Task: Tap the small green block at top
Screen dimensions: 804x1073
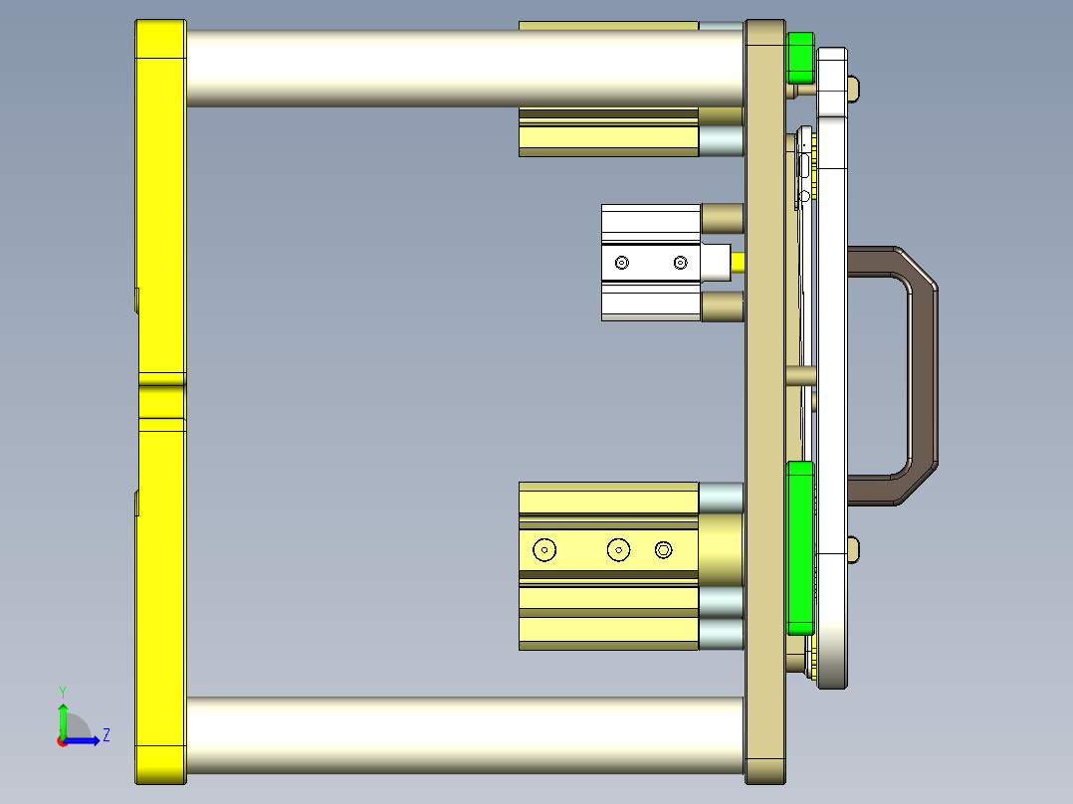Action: [799, 58]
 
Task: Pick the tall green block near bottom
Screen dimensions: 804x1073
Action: [799, 547]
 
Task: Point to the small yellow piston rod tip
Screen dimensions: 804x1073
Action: [739, 263]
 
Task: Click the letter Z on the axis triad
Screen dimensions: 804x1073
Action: [106, 735]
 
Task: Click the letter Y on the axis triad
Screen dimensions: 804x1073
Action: [62, 691]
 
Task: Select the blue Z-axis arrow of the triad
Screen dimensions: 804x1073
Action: [85, 740]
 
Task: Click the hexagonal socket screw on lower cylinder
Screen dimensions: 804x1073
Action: [664, 549]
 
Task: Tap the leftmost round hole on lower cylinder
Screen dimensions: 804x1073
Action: [544, 549]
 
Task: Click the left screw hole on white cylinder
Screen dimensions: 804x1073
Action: [622, 263]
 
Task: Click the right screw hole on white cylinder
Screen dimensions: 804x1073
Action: [680, 263]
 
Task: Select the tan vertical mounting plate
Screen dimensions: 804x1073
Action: [764, 398]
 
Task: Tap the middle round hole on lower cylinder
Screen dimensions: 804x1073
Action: [619, 549]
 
